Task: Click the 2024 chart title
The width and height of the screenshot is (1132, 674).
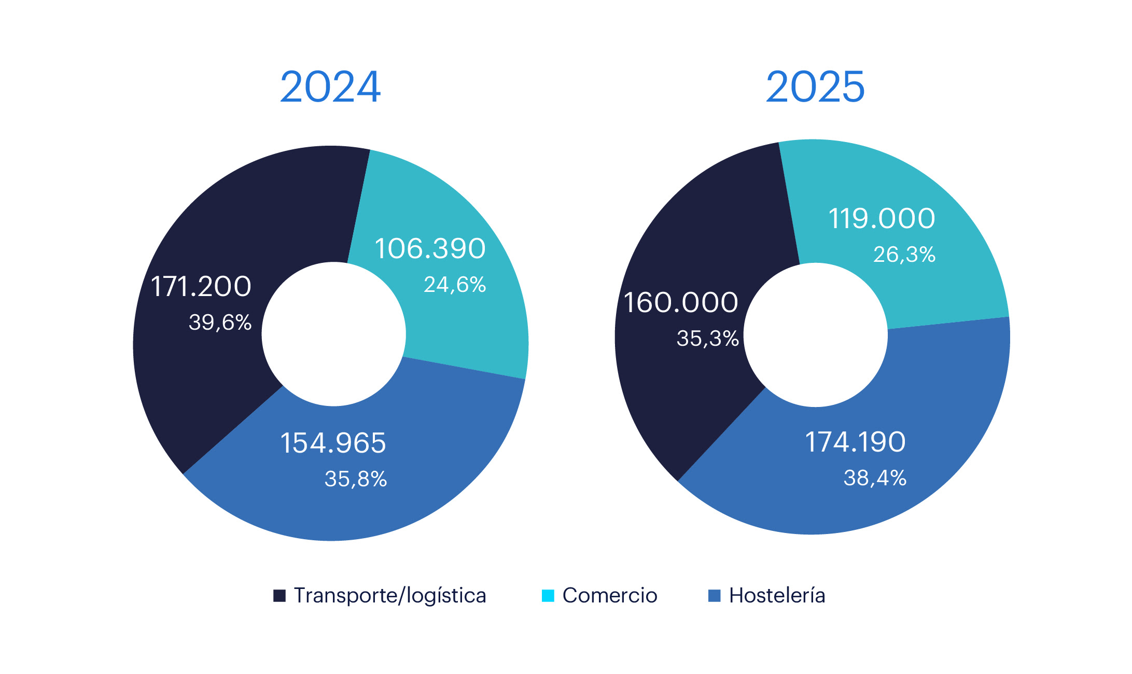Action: click(330, 87)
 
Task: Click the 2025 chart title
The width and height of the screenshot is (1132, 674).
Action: click(815, 87)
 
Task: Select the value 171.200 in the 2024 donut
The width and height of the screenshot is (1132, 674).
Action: click(201, 286)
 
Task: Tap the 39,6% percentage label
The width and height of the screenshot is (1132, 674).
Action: click(220, 322)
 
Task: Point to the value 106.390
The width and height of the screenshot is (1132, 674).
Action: click(430, 248)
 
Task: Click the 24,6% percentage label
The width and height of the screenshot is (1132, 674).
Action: click(455, 285)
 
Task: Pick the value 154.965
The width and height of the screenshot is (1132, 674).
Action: click(333, 443)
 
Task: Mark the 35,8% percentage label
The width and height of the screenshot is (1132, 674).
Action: click(356, 479)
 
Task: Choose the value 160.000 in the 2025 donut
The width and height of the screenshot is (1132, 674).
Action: click(680, 302)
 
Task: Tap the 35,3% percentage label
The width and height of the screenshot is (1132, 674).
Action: click(707, 339)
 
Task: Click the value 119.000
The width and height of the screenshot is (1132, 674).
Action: click(882, 218)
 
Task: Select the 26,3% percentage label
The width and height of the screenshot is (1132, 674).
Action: click(904, 255)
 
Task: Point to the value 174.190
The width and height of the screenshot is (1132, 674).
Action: click(855, 442)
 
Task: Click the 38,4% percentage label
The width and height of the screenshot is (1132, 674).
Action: click(875, 478)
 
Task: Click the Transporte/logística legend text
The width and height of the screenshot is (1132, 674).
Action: click(390, 596)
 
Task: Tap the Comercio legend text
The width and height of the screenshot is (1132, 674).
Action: click(610, 596)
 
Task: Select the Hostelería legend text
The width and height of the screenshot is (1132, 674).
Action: click(777, 595)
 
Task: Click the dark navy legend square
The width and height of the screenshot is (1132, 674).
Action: click(279, 596)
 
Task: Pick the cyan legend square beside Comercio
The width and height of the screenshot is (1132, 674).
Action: click(548, 596)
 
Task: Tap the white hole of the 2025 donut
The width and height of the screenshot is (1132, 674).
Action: click(816, 335)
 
